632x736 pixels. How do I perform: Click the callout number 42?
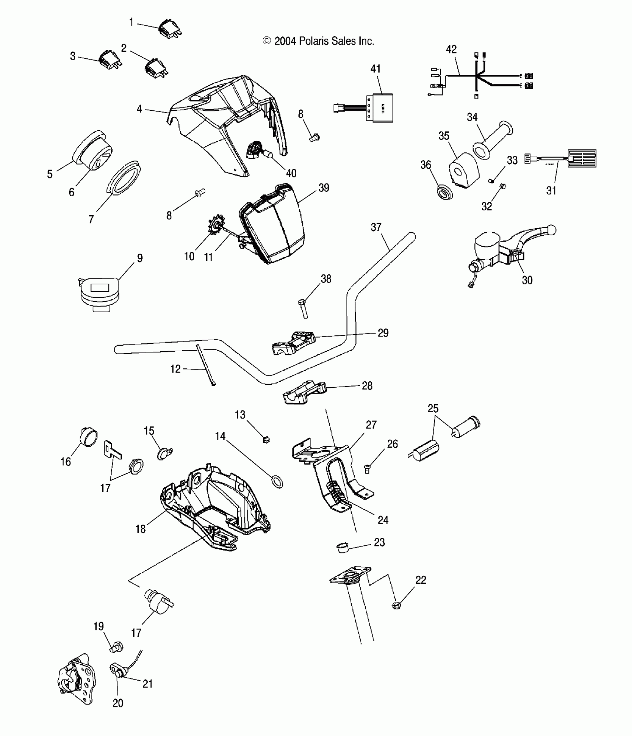(451, 49)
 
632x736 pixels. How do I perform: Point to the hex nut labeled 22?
(397, 606)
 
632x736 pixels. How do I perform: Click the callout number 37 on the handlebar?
(376, 227)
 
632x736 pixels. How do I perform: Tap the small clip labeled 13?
(266, 440)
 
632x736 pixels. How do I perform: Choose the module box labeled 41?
(380, 108)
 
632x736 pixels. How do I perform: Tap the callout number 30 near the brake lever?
(527, 280)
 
